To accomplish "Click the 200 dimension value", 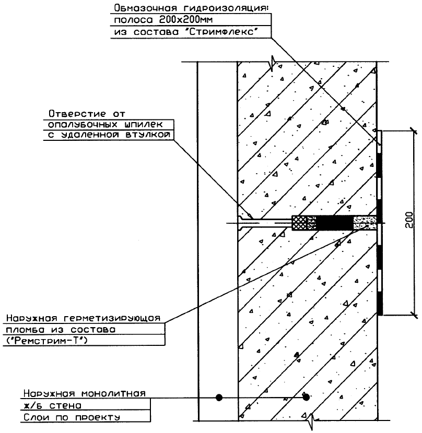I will point(411,222).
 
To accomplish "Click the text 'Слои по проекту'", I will point(71,417).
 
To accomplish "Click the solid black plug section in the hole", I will point(334,223).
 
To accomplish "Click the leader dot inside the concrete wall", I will point(307,398).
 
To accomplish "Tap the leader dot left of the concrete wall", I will point(219,398).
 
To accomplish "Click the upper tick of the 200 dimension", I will point(412,130).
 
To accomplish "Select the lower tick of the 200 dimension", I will point(412,314).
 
